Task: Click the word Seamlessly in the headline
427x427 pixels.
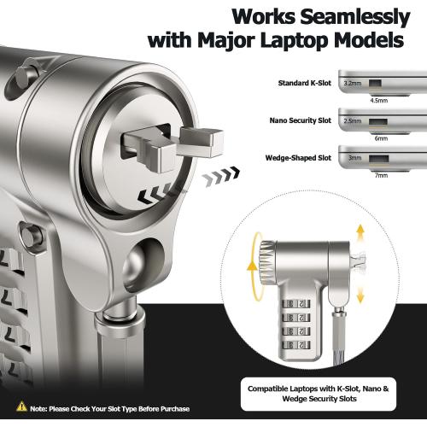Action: [355, 18]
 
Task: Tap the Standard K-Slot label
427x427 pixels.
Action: [305, 83]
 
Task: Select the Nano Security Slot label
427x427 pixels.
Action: [301, 120]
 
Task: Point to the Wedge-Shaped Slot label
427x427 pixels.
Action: [298, 158]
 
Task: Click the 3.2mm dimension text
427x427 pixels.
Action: [353, 84]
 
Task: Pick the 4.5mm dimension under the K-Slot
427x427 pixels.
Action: [379, 101]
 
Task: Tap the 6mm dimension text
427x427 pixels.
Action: [381, 138]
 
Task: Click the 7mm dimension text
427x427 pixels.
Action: [381, 175]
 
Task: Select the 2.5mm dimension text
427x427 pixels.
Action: [353, 121]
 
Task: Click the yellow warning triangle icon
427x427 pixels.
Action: [21, 407]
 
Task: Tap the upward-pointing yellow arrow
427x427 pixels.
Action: [360, 232]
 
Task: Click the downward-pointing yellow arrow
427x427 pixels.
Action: [360, 295]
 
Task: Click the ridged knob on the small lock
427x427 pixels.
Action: [267, 262]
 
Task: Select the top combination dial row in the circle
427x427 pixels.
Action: [296, 303]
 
